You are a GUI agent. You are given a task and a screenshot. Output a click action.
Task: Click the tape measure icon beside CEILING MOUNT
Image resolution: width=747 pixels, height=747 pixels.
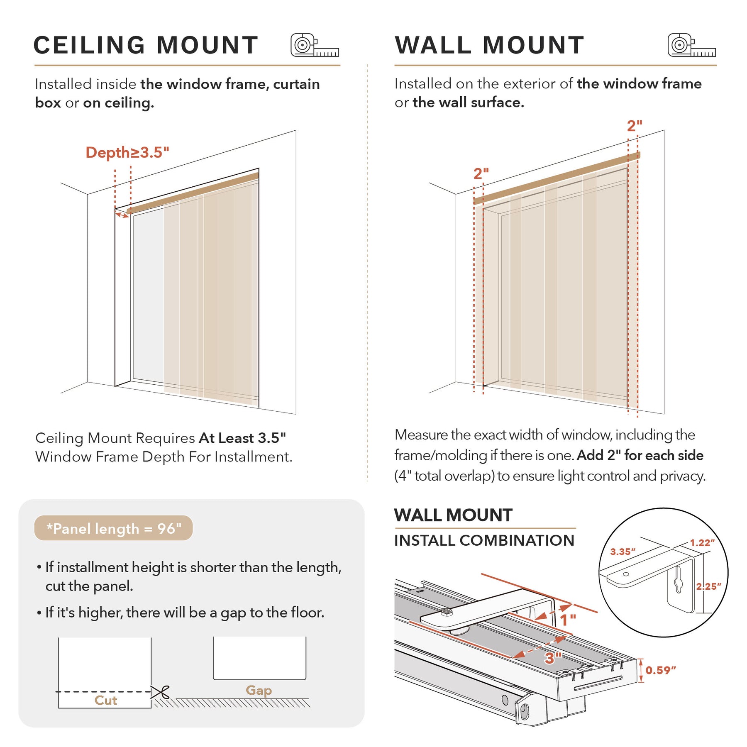314,45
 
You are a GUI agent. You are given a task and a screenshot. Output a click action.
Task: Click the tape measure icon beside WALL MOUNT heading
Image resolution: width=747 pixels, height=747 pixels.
691,45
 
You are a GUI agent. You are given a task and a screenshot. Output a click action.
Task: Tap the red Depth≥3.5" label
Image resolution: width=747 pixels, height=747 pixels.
127,152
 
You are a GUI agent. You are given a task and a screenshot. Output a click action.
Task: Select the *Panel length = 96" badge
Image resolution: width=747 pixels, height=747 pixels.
113,528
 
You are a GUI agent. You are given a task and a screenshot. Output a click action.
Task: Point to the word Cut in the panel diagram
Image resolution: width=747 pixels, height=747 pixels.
105,701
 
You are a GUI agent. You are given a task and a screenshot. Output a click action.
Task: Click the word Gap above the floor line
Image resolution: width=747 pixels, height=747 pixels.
259,690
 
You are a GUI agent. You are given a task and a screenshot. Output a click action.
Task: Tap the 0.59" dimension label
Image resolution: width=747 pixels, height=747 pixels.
660,670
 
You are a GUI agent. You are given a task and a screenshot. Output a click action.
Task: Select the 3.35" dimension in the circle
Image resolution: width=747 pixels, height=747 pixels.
622,552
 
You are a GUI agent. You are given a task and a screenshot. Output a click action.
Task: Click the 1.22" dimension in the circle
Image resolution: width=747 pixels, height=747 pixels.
702,543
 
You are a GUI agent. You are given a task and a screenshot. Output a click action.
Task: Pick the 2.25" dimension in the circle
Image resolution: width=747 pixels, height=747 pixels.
708,586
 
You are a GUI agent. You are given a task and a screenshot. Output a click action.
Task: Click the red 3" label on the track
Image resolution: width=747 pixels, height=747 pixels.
553,658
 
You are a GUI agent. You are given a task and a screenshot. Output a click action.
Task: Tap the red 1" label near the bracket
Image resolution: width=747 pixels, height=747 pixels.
568,620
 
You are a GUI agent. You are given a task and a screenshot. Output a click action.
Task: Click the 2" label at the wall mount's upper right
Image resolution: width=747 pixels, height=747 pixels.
634,126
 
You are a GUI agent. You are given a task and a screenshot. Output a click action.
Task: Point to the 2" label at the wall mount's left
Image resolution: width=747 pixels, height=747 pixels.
481,173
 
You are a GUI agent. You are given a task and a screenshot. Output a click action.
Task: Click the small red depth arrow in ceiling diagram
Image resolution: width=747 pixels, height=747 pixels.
122,215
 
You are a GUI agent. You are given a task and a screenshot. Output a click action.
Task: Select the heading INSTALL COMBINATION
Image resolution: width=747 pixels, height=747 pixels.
484,540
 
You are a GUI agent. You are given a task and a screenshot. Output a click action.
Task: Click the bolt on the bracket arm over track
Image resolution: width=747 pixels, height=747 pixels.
447,611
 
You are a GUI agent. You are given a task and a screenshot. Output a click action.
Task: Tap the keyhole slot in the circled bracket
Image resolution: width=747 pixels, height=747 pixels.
678,584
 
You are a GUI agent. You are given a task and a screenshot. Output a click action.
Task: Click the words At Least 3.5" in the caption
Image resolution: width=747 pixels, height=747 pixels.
242,438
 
